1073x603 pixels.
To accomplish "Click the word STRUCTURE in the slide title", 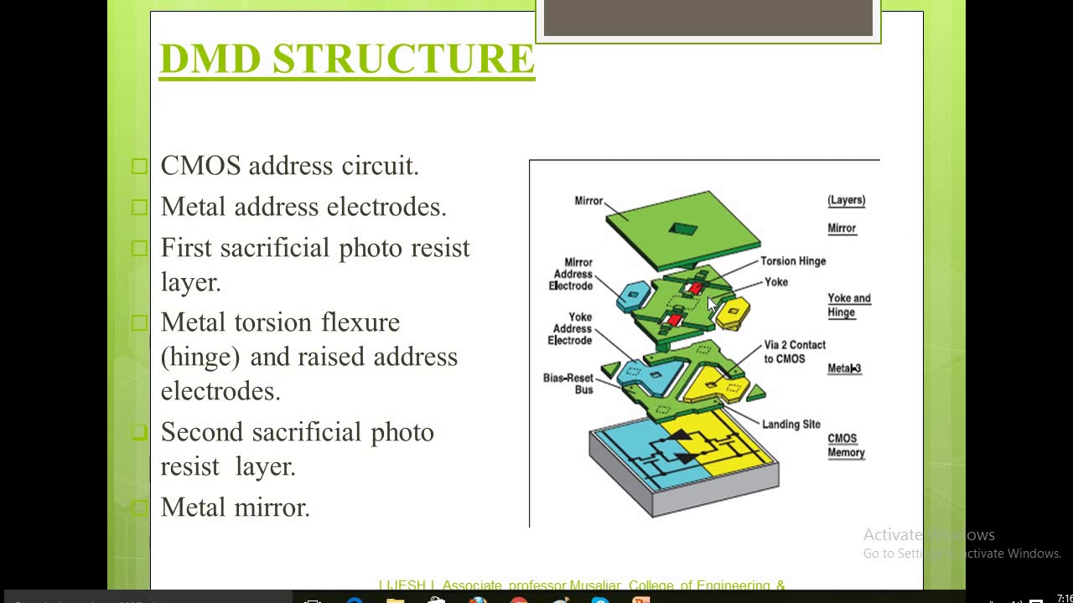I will click(x=403, y=59).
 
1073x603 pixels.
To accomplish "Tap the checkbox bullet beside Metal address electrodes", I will click(x=139, y=207).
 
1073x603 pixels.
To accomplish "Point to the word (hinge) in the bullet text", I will click(x=200, y=358).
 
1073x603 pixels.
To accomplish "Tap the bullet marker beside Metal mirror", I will click(x=139, y=507).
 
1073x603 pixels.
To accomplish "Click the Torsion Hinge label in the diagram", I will click(x=792, y=261).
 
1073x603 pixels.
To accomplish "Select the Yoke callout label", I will click(x=776, y=282).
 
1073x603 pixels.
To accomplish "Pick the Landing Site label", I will click(x=791, y=425).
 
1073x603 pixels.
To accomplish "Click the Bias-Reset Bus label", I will click(x=568, y=384).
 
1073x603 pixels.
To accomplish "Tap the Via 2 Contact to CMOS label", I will click(x=794, y=352).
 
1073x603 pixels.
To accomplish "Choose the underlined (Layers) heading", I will click(x=846, y=200).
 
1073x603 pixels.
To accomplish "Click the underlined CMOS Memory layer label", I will click(x=846, y=446).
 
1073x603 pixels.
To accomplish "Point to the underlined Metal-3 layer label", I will click(x=844, y=368).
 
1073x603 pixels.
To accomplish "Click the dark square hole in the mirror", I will click(x=683, y=229).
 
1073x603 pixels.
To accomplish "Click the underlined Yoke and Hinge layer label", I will click(x=848, y=305).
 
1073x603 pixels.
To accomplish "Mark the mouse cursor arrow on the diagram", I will click(x=712, y=304).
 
